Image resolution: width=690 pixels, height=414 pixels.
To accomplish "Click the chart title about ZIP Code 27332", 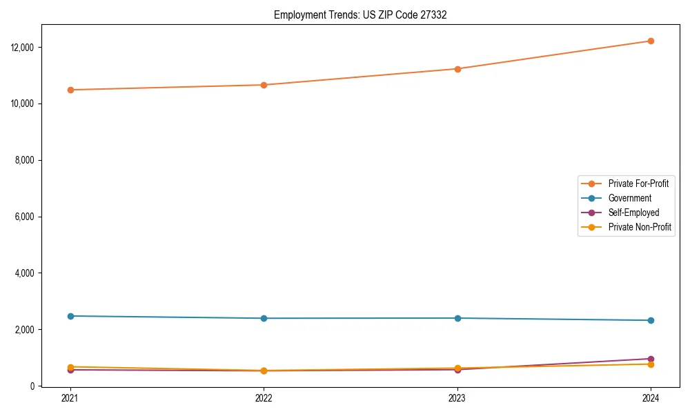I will (x=360, y=14).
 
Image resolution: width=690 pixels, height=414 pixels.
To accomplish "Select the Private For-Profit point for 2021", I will (x=70, y=90).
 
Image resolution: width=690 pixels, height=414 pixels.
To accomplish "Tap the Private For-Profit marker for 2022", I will (x=264, y=85).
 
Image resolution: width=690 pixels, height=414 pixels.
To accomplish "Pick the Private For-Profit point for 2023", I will (x=457, y=69).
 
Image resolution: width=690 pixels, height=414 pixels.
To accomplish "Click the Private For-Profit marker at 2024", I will (x=651, y=41).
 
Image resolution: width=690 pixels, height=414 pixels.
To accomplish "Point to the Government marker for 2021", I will (x=70, y=316).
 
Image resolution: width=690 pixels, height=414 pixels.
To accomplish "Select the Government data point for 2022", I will (x=264, y=318).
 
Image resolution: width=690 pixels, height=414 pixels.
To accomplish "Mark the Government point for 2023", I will (x=457, y=318).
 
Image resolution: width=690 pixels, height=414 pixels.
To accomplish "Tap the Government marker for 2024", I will (x=651, y=320).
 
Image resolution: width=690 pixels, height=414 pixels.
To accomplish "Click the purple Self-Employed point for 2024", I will (x=651, y=359).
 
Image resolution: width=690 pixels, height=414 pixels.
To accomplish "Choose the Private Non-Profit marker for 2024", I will (x=651, y=364).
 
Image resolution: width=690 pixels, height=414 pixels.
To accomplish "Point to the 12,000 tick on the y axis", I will (x=23, y=48).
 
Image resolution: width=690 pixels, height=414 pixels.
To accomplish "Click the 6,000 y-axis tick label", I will (x=26, y=217).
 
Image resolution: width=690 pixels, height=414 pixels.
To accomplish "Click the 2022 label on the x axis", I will (x=264, y=397).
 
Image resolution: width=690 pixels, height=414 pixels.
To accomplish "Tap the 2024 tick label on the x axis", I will (x=651, y=397).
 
